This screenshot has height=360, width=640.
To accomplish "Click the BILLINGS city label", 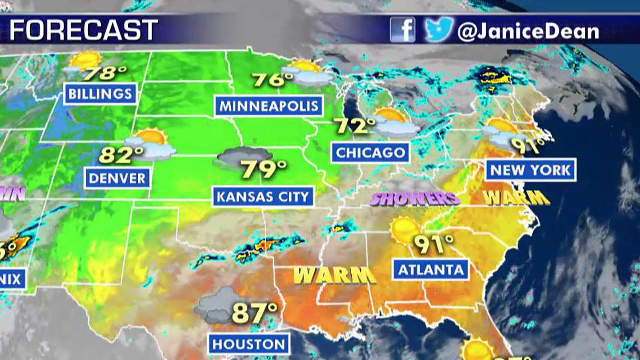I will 100,93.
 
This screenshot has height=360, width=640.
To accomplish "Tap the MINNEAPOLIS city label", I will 269,106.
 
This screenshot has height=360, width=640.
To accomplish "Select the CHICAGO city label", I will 370,152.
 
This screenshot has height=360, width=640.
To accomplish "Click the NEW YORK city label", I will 530,170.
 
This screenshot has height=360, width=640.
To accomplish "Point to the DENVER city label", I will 118,178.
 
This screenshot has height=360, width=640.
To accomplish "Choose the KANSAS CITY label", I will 263,196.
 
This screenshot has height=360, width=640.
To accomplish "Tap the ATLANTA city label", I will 431,270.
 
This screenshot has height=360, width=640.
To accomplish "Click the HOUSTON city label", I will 248,344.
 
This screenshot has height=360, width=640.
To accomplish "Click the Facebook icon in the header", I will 403,30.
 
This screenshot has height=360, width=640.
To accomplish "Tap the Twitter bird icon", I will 439,30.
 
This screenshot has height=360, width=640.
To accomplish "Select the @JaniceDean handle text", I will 528,32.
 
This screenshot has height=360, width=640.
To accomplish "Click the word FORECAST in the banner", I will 84,31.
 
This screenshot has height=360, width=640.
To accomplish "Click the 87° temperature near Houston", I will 255,313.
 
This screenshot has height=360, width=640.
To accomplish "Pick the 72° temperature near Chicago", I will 355,126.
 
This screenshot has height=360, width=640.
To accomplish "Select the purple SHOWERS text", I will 415,199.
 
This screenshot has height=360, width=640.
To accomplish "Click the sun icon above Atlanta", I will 404,230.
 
